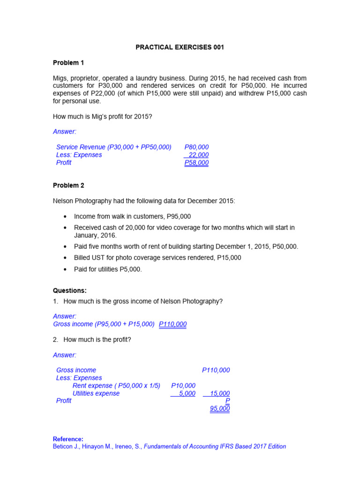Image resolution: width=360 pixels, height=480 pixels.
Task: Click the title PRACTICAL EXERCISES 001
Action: tap(180, 47)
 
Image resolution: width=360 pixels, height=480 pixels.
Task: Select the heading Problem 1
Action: tap(68, 63)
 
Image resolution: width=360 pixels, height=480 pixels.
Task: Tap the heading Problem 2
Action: tap(68, 185)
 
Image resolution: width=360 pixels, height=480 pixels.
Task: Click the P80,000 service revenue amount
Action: tap(196, 147)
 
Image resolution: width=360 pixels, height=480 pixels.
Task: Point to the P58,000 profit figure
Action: tap(196, 163)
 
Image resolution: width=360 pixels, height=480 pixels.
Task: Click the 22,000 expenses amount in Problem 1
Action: tap(198, 155)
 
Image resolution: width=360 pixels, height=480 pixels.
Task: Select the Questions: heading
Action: tap(70, 291)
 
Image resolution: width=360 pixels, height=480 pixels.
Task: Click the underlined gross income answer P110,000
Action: tap(172, 324)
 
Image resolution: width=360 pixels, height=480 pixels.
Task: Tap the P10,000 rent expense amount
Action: tap(183, 385)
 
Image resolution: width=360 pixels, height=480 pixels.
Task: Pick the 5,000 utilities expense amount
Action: tap(187, 393)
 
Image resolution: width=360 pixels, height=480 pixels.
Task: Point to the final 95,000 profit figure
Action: tap(220, 408)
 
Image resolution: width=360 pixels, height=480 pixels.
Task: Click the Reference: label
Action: tap(68, 439)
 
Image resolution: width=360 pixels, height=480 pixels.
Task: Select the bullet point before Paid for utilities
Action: tap(65, 270)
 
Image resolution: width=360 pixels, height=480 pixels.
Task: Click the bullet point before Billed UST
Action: tap(65, 258)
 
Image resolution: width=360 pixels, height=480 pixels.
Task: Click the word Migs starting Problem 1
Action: tap(61, 78)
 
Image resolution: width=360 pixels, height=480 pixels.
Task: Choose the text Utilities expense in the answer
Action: tap(96, 393)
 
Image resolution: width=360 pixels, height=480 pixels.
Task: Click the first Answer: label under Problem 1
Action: tap(65, 132)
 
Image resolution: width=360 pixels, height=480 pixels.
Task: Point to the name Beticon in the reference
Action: tap(65, 446)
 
